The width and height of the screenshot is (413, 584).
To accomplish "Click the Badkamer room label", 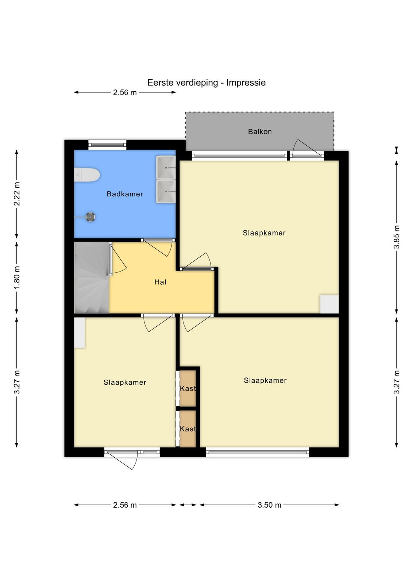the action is point(125,194).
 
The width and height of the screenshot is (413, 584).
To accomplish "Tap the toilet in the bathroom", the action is point(87,175).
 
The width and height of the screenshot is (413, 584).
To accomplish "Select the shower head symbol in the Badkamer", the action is point(90,217).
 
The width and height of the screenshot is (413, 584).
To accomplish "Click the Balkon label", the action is point(260,132).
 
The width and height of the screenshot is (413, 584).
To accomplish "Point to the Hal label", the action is point(160,282).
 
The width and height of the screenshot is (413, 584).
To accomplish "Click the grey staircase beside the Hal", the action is point(92,278).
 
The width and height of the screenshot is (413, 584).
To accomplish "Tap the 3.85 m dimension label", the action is point(396,237).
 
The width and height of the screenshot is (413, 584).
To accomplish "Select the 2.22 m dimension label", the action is point(17,194).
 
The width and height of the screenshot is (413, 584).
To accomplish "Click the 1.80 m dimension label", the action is point(17,277).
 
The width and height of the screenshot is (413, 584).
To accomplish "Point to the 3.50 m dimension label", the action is point(269,505).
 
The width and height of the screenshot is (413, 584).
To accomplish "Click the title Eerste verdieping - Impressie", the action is point(206,82).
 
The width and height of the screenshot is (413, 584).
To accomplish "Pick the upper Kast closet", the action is point(188,388).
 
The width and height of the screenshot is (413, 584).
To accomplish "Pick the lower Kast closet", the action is point(188,429).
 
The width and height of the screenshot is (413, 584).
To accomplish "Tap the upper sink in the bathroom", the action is point(166,168).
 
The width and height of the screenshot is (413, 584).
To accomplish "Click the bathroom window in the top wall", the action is point(107,145).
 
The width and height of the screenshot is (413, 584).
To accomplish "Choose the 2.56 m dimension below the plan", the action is point(125,505).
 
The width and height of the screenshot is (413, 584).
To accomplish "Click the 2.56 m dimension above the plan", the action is point(125,92).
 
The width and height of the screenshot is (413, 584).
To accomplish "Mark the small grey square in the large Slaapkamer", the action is point(329,304).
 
